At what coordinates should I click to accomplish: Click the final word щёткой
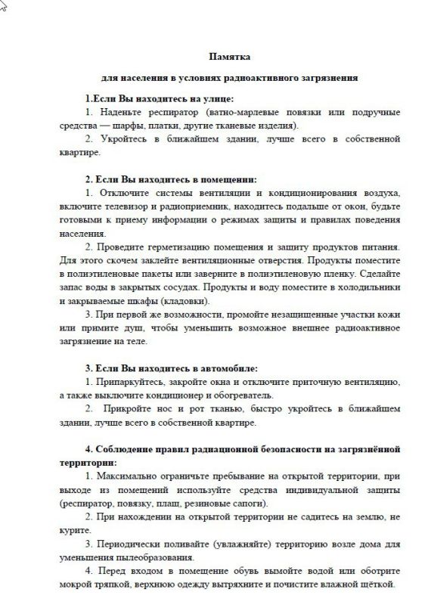[x=376, y=585]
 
